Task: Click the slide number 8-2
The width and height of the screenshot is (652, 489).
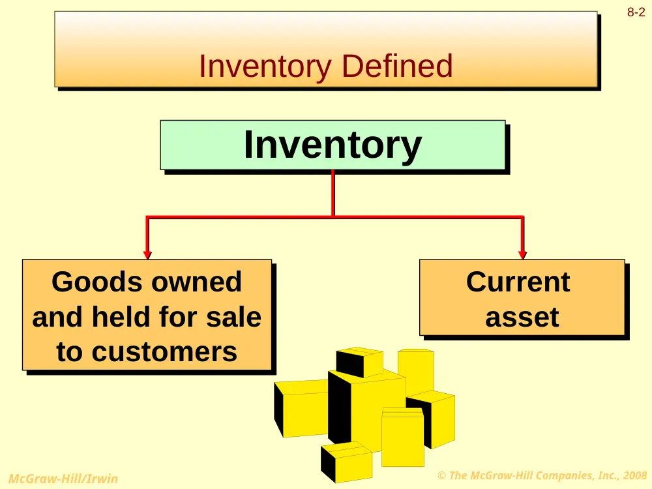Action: tap(636, 12)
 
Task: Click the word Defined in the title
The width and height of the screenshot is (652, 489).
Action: tap(397, 66)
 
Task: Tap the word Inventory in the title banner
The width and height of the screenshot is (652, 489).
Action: tap(265, 67)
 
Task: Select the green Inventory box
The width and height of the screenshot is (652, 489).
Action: tap(333, 145)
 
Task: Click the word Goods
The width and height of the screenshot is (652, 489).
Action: tap(97, 282)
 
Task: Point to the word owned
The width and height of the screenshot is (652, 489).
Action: tap(196, 282)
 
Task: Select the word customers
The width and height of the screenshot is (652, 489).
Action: tap(164, 352)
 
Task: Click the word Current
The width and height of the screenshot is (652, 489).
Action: tap(518, 282)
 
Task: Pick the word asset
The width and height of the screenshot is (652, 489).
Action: tap(522, 318)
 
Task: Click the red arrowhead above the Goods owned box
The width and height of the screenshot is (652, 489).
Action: tap(147, 254)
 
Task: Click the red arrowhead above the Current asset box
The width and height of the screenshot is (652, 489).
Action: tap(523, 254)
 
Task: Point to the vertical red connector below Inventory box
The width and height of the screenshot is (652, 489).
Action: tap(333, 193)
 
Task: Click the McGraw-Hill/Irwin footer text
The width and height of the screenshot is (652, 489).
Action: tap(63, 479)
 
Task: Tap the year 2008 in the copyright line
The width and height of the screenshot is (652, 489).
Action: tap(634, 475)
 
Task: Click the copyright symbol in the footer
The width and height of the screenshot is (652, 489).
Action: tap(441, 475)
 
